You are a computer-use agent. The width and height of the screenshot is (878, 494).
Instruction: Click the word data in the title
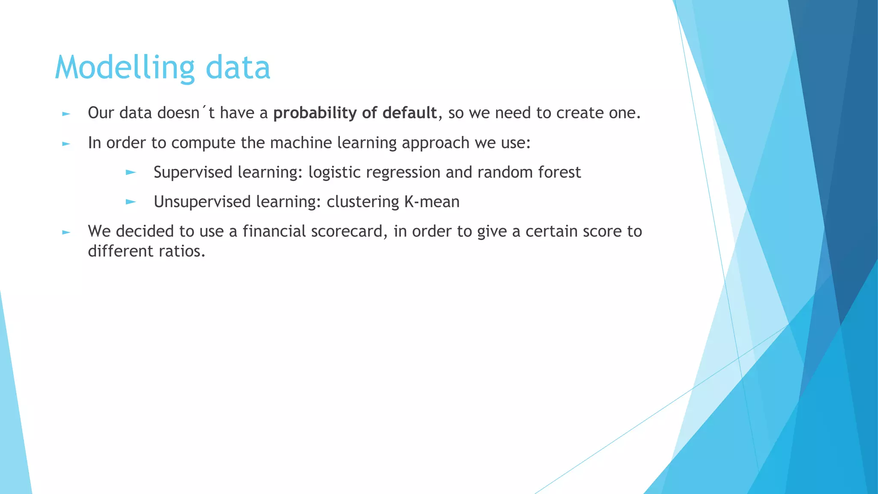pos(238,68)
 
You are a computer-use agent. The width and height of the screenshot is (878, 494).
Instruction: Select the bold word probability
pos(315,113)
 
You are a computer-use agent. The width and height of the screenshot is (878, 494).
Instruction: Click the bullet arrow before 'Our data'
pos(66,114)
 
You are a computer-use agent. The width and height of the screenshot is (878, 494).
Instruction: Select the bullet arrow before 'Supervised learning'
pos(131,173)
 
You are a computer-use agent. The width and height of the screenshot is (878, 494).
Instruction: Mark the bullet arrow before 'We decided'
pos(66,232)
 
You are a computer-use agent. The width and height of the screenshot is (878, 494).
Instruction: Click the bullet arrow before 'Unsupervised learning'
pos(131,202)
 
